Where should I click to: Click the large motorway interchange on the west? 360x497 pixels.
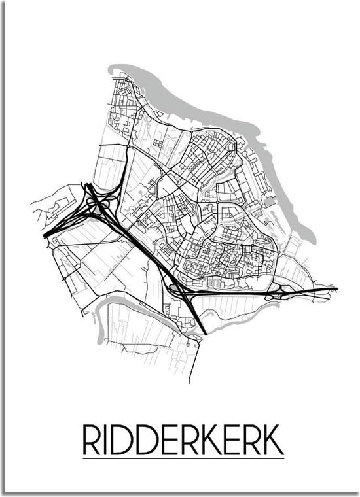[x=98, y=202]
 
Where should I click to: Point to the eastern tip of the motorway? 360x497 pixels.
[x=336, y=288]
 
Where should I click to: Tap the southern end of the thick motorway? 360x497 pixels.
[x=206, y=334]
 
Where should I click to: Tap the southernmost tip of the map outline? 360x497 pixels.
[x=192, y=382]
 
